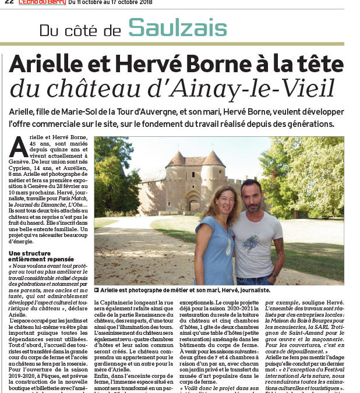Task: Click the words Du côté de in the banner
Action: click(x=82, y=29)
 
